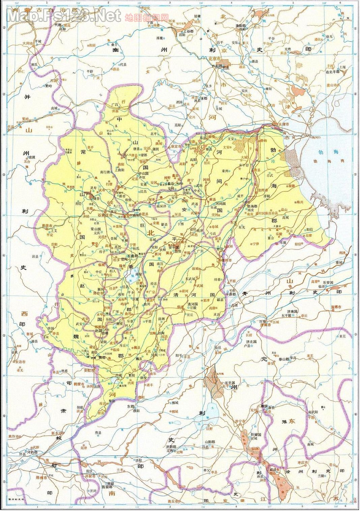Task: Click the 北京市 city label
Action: (214, 58)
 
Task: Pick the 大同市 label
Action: (28, 43)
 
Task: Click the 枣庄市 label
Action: (304, 462)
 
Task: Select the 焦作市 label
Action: (14, 437)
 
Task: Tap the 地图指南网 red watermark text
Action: (147, 17)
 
